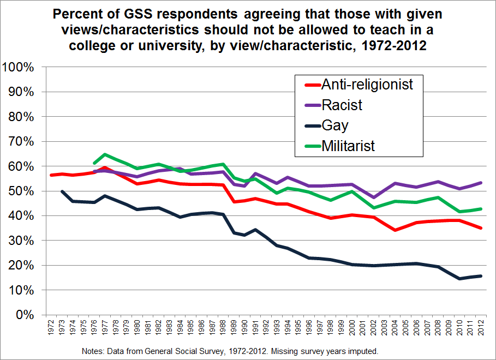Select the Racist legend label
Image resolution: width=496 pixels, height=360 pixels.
(342, 104)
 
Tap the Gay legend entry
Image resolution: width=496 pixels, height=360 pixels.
(334, 125)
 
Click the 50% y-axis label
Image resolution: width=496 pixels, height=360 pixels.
(22, 191)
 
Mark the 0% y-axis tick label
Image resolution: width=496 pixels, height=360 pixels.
(25, 315)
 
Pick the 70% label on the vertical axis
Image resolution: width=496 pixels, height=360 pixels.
(22, 141)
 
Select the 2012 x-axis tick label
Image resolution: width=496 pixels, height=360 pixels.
(481, 329)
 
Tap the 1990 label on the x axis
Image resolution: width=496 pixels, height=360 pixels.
(244, 329)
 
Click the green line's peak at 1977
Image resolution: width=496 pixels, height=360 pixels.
(105, 154)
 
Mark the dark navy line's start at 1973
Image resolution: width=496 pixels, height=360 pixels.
(62, 191)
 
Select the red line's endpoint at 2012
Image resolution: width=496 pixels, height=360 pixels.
(480, 228)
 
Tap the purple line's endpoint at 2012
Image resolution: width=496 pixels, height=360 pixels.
(480, 183)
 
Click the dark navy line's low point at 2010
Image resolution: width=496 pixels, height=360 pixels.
(459, 279)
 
